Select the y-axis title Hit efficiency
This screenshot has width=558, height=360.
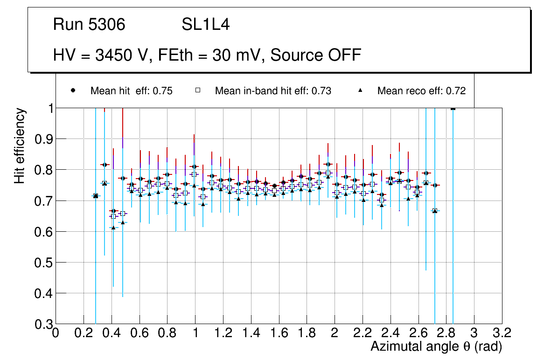pos(20,146)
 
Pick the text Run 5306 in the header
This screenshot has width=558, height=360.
pos(89,25)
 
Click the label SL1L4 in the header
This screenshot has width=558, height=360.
pos(205,25)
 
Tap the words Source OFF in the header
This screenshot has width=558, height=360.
pos(316,55)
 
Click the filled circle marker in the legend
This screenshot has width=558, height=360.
pos(73,90)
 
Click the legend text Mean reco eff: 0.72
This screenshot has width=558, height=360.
pos(421,91)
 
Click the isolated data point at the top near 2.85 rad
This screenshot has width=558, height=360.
pos(453,108)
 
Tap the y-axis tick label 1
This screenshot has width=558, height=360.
pos(47,108)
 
